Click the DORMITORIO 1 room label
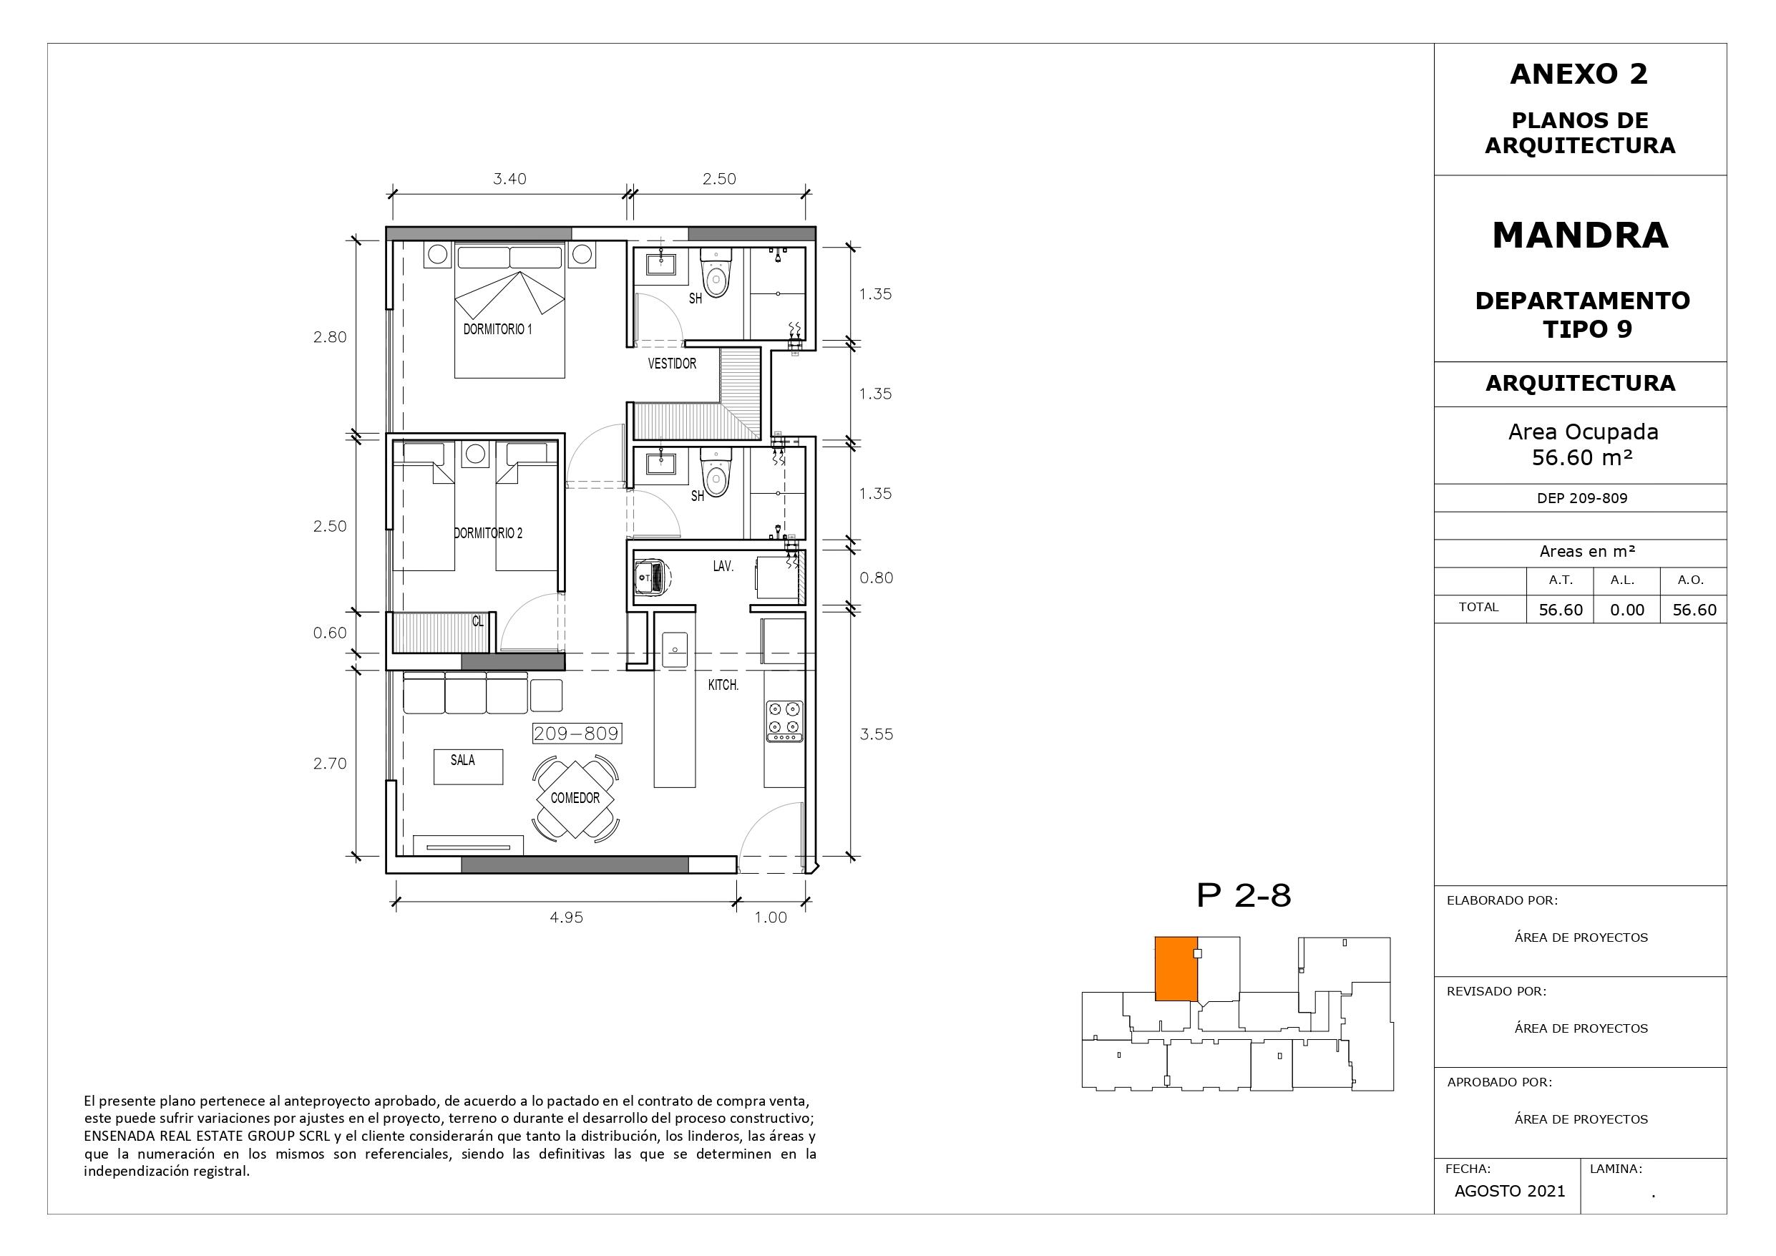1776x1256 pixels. pyautogui.click(x=497, y=329)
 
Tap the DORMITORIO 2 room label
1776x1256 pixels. pyautogui.click(x=488, y=533)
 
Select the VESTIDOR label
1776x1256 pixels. pyautogui.click(x=672, y=363)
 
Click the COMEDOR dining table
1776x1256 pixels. pyautogui.click(x=575, y=798)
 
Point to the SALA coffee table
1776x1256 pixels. pyautogui.click(x=468, y=767)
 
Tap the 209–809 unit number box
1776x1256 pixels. pyautogui.click(x=577, y=734)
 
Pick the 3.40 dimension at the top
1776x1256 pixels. pyautogui.click(x=509, y=179)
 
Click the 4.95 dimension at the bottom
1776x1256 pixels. pyautogui.click(x=566, y=917)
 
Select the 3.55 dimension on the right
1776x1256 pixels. pyautogui.click(x=877, y=734)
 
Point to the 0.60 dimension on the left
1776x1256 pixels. pyautogui.click(x=330, y=633)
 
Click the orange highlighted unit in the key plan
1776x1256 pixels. pyautogui.click(x=1176, y=969)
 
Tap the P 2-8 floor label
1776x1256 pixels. pyautogui.click(x=1244, y=895)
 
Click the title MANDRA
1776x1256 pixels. pyautogui.click(x=1581, y=235)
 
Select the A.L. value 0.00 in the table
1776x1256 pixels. pyautogui.click(x=1627, y=610)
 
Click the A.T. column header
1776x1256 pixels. pyautogui.click(x=1561, y=580)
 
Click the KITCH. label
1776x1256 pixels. pyautogui.click(x=723, y=685)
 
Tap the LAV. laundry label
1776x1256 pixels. pyautogui.click(x=723, y=567)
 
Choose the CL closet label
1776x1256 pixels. pyautogui.click(x=478, y=620)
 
